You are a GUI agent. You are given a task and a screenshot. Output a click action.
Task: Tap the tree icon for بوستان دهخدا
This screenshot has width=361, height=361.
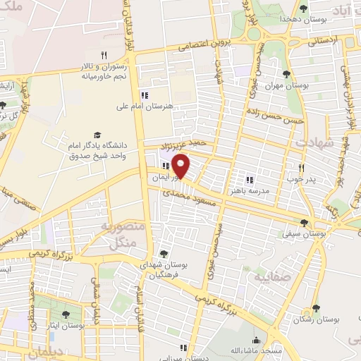click(x=303, y=8)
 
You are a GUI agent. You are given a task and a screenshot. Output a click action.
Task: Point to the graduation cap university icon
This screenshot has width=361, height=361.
click(x=97, y=135)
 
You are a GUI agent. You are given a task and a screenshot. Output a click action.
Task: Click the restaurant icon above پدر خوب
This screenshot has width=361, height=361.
click(x=302, y=168)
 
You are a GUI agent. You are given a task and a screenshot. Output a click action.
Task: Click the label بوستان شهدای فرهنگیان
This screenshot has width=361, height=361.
click(x=164, y=269)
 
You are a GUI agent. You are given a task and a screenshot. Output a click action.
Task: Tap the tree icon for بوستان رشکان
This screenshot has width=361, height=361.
click(x=316, y=308)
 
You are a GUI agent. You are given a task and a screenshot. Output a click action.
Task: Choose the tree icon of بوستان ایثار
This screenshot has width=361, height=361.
click(x=66, y=314)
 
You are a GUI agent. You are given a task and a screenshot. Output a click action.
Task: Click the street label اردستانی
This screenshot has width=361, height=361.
click(x=324, y=42)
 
